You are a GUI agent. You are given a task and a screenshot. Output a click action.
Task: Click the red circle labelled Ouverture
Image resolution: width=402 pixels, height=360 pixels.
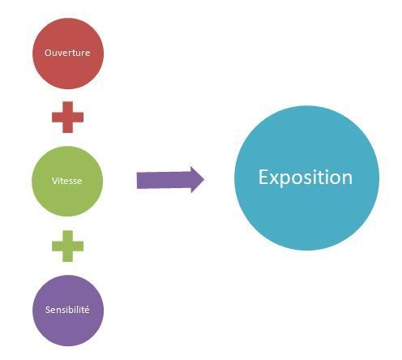[x=68, y=54]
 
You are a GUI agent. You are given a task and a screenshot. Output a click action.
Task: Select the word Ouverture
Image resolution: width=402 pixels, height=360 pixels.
[x=67, y=53]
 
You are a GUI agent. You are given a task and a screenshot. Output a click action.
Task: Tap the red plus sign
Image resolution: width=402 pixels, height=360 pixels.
[x=67, y=117]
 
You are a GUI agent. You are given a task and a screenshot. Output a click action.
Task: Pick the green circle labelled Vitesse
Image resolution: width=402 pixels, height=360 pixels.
[x=67, y=181]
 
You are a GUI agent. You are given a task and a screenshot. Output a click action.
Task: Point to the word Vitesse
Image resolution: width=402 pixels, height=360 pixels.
[x=66, y=181]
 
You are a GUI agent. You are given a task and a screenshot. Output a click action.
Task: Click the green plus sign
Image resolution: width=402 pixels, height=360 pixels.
[x=67, y=246]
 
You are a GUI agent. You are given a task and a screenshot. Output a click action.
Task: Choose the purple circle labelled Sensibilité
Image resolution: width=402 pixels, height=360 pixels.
[x=68, y=311]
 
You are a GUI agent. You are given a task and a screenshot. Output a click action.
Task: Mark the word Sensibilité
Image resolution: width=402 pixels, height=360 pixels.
[x=67, y=310]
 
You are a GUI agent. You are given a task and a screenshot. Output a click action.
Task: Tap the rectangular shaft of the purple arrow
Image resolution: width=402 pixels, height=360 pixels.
[x=164, y=180]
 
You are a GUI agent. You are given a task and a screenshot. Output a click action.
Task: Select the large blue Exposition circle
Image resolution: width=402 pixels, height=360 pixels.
[x=306, y=178]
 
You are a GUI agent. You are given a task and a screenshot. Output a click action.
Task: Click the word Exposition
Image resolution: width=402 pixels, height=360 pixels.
[x=306, y=178]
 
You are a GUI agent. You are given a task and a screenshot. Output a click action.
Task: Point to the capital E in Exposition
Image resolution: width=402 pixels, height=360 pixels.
[x=264, y=177]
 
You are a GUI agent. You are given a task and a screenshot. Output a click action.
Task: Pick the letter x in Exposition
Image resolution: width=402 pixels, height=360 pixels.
[x=276, y=179]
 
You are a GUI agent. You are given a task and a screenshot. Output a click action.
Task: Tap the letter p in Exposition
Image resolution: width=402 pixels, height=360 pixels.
[x=288, y=181]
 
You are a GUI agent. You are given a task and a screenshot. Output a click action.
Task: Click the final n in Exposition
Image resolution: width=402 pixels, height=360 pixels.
[x=348, y=179]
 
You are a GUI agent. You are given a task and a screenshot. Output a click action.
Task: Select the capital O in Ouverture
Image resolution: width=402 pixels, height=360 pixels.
[x=48, y=53]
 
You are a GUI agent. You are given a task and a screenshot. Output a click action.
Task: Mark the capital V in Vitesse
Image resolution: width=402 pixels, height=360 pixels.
[x=55, y=181]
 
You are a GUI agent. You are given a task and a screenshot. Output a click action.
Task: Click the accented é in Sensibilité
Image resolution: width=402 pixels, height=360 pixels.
[x=87, y=310]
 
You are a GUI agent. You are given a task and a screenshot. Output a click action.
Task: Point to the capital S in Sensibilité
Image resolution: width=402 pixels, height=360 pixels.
[x=48, y=310]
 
